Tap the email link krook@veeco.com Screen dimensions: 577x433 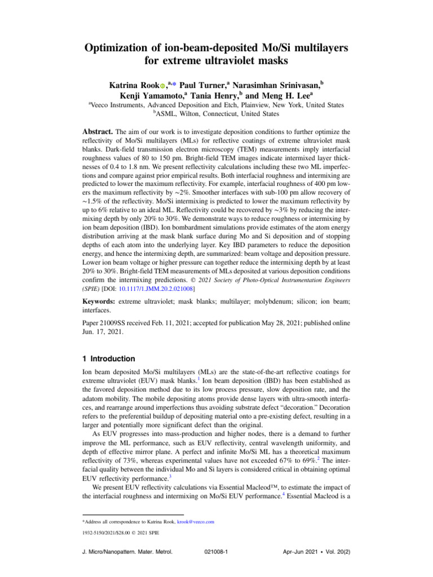(x=195, y=522)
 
